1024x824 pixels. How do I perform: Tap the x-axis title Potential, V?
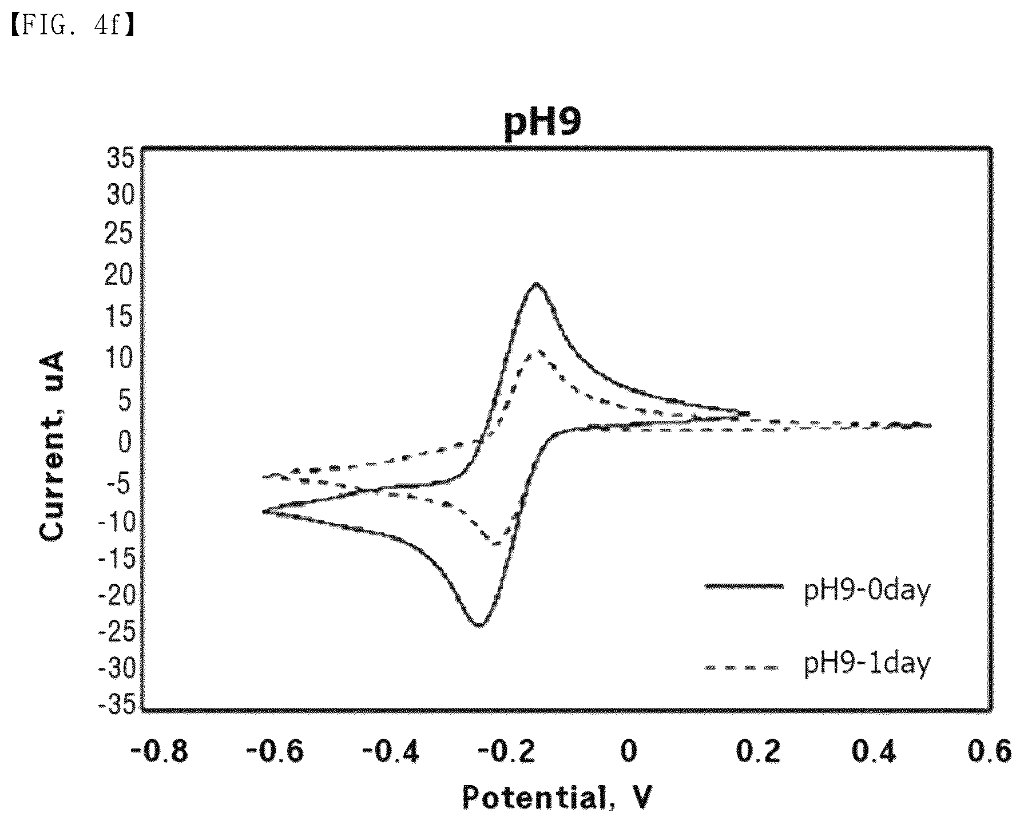(557, 797)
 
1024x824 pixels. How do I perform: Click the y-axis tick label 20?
(120, 277)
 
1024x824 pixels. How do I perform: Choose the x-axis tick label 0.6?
(989, 751)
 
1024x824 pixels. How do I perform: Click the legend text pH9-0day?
(867, 591)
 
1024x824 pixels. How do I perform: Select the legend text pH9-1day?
(867, 664)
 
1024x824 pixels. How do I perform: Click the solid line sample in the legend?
(743, 585)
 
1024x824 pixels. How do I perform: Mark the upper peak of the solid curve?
(536, 284)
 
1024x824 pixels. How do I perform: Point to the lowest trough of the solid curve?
(479, 624)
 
